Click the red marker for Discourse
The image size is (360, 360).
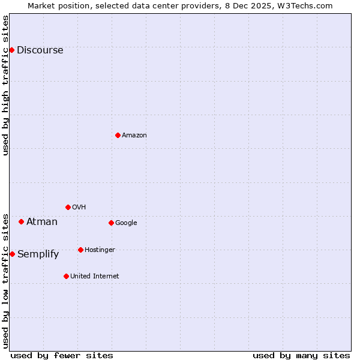pyautogui.click(x=11, y=50)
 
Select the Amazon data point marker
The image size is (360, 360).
pyautogui.click(x=118, y=135)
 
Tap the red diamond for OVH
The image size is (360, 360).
pyautogui.click(x=68, y=207)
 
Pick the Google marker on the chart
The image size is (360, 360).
pyautogui.click(x=111, y=223)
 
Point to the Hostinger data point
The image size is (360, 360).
pyautogui.click(x=80, y=250)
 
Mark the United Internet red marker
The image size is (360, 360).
pyautogui.click(x=66, y=276)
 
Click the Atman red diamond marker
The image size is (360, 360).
pyautogui.click(x=21, y=221)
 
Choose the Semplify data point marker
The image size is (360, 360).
pyautogui.click(x=12, y=254)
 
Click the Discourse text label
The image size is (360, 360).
pyautogui.click(x=40, y=50)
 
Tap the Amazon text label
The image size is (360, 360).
pyautogui.click(x=134, y=136)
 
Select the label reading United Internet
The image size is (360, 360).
pyautogui.click(x=94, y=277)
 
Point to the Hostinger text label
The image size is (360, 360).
pyautogui.click(x=100, y=250)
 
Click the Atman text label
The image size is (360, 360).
pyautogui.click(x=42, y=222)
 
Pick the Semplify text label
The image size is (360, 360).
pyautogui.click(x=38, y=254)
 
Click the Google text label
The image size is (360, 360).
pyautogui.click(x=126, y=223)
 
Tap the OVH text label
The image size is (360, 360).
pyautogui.click(x=79, y=208)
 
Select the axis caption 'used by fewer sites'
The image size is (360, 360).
pyautogui.click(x=62, y=355)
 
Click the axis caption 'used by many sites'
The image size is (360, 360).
pyautogui.click(x=301, y=355)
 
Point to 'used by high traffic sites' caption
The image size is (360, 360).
pyautogui.click(x=5, y=85)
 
